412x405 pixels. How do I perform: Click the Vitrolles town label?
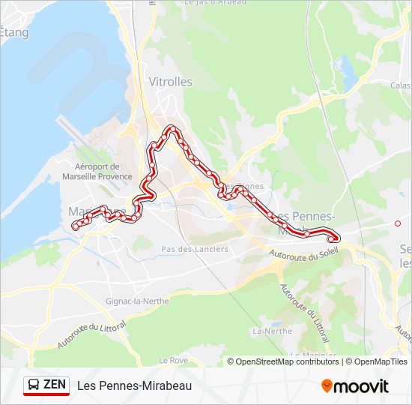[170, 82]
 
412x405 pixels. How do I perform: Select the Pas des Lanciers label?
[194, 249]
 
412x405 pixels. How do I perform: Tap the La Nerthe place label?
[272, 330]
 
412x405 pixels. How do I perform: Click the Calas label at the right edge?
[400, 85]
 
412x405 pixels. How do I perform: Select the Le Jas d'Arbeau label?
[216, 4]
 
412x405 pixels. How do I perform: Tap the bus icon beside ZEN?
[34, 385]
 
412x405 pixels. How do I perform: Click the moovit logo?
[355, 386]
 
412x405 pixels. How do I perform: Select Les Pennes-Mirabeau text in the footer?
[134, 385]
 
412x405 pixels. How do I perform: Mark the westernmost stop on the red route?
[74, 226]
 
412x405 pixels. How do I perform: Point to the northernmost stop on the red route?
[173, 129]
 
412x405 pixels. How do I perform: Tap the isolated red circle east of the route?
[398, 223]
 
